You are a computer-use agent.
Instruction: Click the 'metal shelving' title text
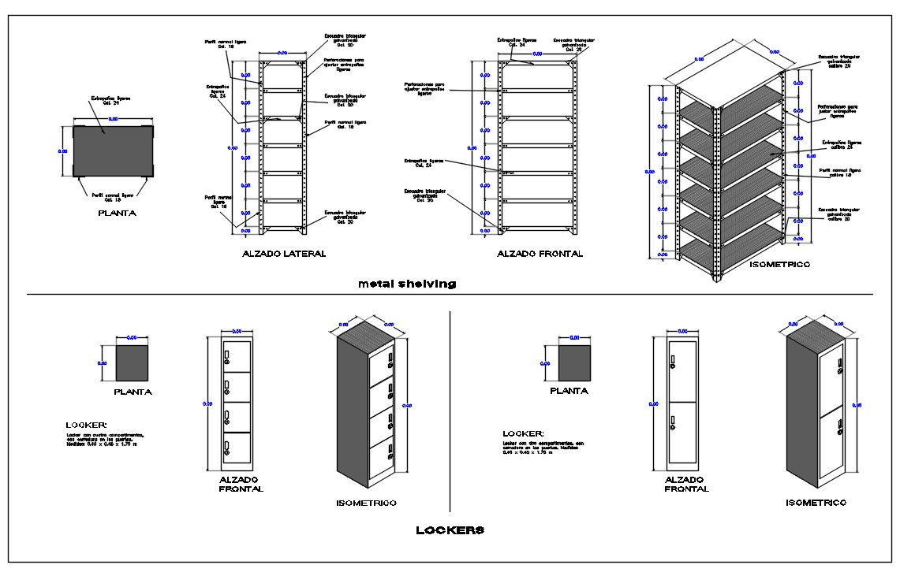pyautogui.click(x=406, y=284)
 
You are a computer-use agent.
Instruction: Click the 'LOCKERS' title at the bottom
pyautogui.click(x=450, y=530)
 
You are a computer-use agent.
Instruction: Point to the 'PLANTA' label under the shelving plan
pyautogui.click(x=115, y=213)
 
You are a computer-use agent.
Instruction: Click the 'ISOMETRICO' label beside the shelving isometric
pyautogui.click(x=779, y=266)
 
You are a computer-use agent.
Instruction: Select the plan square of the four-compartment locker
pyautogui.click(x=132, y=363)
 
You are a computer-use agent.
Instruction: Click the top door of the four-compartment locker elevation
pyautogui.click(x=237, y=356)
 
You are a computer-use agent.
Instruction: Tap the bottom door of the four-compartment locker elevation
pyautogui.click(x=237, y=448)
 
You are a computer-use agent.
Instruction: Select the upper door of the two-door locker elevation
pyautogui.click(x=682, y=370)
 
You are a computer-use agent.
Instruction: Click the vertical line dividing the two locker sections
pyautogui.click(x=449, y=410)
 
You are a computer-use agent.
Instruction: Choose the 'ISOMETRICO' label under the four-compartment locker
pyautogui.click(x=366, y=503)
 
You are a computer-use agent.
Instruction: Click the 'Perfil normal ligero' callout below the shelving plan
pyautogui.click(x=113, y=195)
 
